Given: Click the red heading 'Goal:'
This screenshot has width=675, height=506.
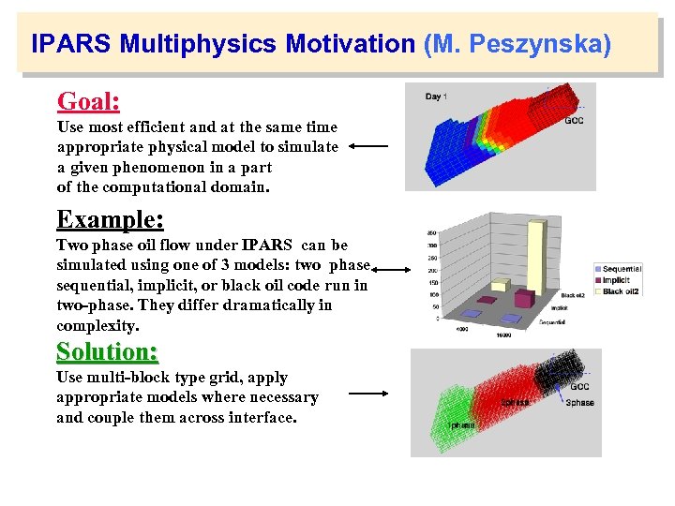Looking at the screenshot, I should point(88,101).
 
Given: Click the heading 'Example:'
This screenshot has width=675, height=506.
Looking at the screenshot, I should point(110,219).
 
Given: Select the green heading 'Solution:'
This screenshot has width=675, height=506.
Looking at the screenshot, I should point(107,351).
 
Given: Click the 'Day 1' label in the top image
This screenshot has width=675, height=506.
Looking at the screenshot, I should point(436,97).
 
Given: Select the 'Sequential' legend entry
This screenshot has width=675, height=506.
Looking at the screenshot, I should point(622,269).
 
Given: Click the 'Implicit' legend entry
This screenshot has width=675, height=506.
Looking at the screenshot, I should point(616,280).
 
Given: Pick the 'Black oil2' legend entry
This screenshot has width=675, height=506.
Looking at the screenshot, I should point(620,291).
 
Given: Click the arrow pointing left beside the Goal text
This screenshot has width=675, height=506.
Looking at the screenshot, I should point(368,146).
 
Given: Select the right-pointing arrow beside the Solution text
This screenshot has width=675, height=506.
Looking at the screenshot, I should point(367,394).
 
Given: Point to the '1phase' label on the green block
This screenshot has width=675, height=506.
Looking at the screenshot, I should point(459,424).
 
